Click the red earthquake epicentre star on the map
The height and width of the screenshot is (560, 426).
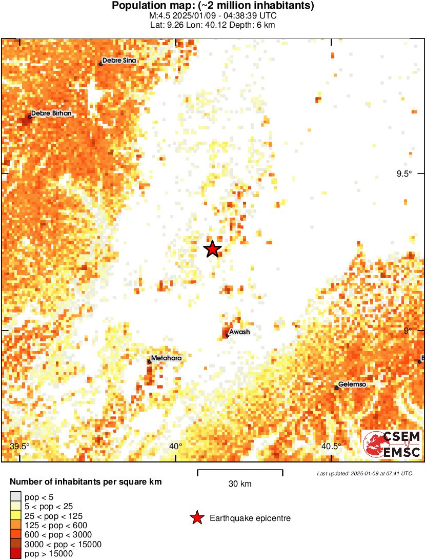tap(212, 249)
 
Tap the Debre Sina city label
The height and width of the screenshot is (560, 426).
tap(119, 61)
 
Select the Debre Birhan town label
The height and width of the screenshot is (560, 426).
tap(51, 113)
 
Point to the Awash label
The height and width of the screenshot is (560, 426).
tap(239, 332)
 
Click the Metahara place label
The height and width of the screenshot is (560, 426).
tap(166, 358)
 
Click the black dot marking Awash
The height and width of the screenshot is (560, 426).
tap(227, 336)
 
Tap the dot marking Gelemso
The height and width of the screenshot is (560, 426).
tap(336, 388)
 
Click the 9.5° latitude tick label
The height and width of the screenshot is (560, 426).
tap(403, 173)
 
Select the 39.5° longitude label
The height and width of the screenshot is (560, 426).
tap(19, 446)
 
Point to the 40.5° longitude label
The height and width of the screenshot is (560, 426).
tap(331, 446)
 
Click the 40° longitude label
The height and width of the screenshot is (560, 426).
tap(175, 446)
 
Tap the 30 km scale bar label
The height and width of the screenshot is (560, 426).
tap(240, 484)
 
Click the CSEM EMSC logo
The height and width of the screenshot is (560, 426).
tap(392, 445)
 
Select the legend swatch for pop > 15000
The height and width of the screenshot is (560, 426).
tap(15, 553)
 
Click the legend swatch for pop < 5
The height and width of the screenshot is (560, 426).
tap(15, 496)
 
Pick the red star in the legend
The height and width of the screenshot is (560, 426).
tap(196, 518)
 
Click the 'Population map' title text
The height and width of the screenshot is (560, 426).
tap(213, 6)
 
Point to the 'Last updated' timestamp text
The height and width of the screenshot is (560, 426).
tap(364, 473)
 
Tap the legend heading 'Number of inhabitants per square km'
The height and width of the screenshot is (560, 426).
tap(86, 482)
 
